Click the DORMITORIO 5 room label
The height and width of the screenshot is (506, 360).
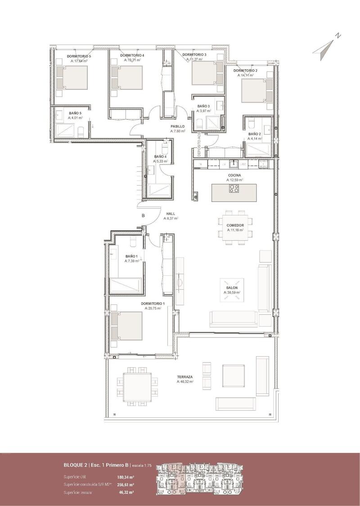(x=79, y=56)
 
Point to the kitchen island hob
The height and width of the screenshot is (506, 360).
(x=234, y=188)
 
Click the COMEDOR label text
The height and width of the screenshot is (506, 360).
(x=235, y=225)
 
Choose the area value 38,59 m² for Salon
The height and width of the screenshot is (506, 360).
(x=232, y=292)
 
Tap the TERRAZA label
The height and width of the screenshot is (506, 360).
(x=185, y=377)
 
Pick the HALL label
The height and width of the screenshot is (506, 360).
(x=171, y=214)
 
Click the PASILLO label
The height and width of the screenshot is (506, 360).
(x=177, y=126)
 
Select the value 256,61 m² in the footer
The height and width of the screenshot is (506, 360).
(x=126, y=485)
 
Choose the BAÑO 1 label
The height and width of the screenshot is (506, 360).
(x=132, y=256)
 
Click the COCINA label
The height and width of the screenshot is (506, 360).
(x=234, y=175)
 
